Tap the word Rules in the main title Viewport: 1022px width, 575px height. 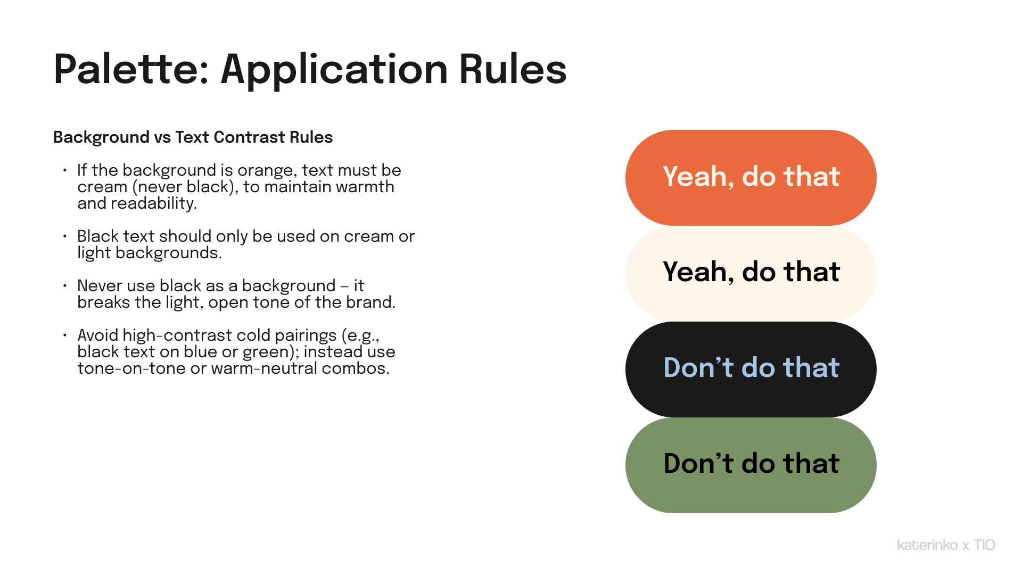(513, 69)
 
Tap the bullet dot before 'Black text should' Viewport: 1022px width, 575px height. (64, 236)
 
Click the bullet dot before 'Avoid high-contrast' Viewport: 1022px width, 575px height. (64, 335)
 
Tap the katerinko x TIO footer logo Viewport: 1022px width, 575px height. (946, 545)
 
